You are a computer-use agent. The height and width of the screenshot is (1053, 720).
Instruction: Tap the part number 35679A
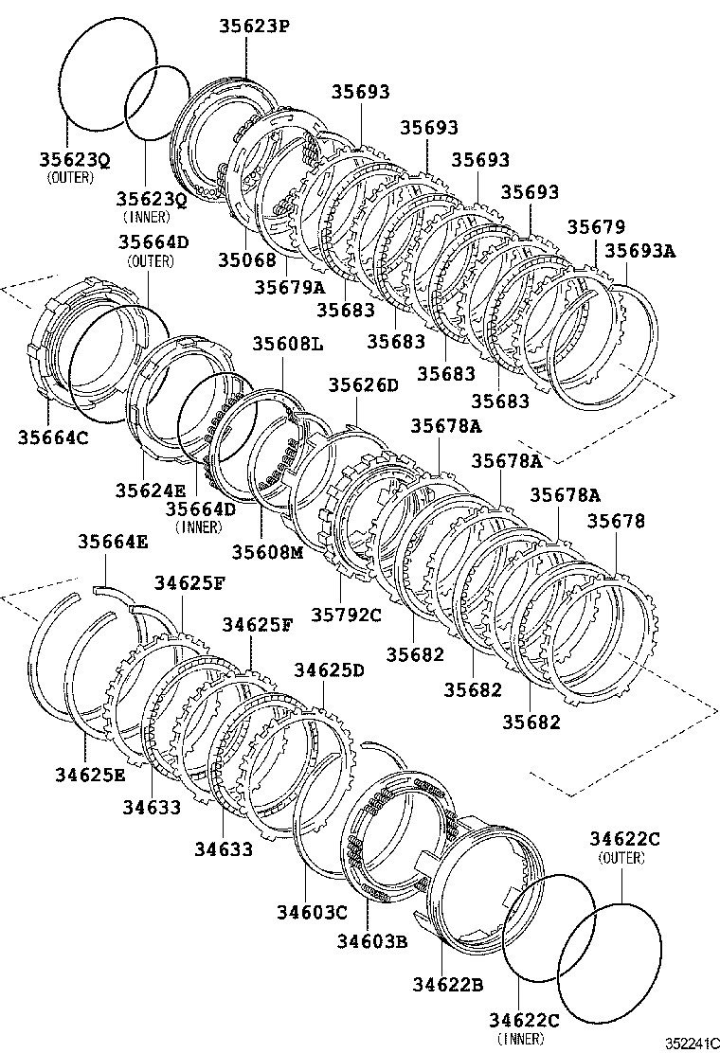point(289,285)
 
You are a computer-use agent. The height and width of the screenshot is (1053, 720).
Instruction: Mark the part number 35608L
point(287,344)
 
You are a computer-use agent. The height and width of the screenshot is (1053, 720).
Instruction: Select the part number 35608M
point(266,551)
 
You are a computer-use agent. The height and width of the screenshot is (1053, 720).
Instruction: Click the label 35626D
point(364,384)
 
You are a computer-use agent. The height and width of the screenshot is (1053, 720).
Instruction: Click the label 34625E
point(90,774)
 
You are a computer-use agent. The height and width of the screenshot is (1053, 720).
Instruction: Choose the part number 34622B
point(448,985)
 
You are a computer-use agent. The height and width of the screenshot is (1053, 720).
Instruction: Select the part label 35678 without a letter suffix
point(617,521)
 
